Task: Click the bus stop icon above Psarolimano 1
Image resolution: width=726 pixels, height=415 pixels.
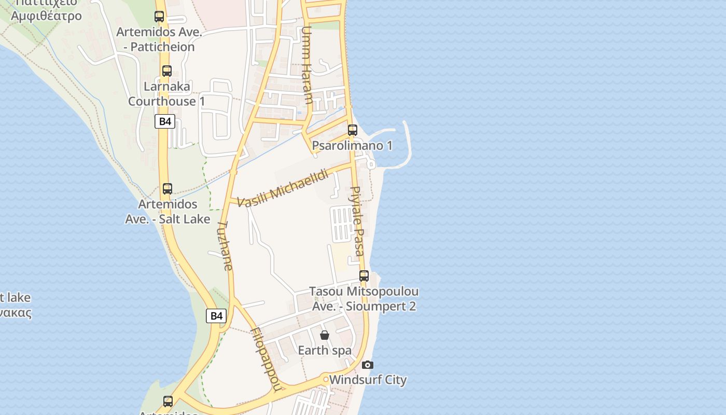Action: (353, 130)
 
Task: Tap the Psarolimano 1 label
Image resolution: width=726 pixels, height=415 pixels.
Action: (352, 146)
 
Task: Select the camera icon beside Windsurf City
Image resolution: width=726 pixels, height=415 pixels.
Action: (367, 365)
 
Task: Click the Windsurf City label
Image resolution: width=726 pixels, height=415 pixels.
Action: (368, 380)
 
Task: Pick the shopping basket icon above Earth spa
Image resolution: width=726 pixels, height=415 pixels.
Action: (325, 335)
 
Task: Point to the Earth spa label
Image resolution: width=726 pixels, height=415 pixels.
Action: (325, 351)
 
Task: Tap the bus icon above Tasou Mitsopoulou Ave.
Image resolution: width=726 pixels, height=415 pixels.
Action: (364, 276)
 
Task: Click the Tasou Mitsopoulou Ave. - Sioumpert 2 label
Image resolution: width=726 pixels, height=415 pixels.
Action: (364, 299)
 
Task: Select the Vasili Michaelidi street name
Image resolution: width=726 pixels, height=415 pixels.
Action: (283, 187)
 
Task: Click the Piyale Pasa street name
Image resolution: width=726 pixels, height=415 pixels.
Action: (357, 221)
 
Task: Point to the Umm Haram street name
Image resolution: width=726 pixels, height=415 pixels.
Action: (306, 65)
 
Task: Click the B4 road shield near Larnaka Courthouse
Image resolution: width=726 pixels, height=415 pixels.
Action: (164, 121)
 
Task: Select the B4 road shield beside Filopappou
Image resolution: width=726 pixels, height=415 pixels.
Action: (216, 315)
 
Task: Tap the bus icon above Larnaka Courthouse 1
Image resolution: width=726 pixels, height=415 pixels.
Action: (167, 71)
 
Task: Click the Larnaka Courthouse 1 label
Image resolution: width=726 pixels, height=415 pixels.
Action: (167, 94)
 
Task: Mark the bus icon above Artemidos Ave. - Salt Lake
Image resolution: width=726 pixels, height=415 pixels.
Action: (167, 189)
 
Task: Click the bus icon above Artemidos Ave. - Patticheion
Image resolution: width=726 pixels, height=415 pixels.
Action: (159, 17)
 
